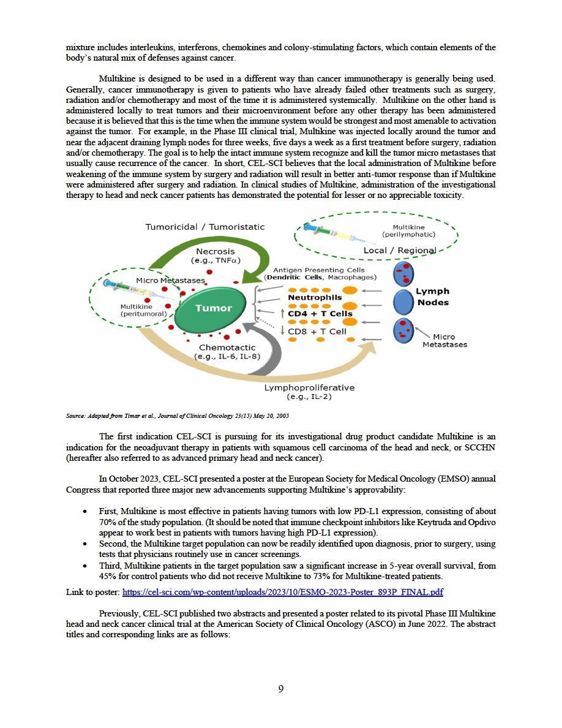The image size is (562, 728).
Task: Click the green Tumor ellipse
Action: point(214,309)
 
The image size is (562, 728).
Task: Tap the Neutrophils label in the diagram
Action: point(315,298)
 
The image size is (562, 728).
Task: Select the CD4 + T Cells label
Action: point(320,314)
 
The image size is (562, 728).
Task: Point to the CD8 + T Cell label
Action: point(317,332)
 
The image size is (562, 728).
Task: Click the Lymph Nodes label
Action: point(432,297)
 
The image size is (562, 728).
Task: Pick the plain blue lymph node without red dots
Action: point(403,302)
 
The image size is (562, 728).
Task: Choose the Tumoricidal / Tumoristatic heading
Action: point(205,227)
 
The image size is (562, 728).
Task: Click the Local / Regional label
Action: point(399,250)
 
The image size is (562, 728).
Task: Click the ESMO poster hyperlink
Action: point(283,592)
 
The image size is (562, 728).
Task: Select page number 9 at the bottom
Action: point(281,689)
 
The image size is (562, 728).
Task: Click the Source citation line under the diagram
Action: point(178,416)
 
